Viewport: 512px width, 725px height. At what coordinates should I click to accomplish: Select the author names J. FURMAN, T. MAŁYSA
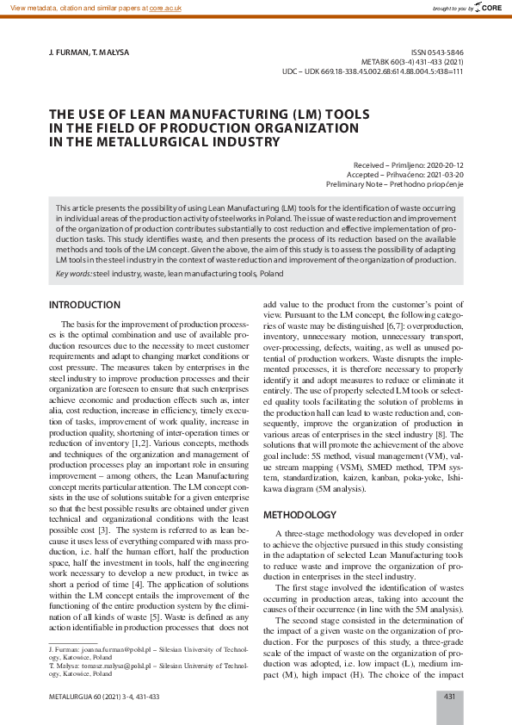tap(89, 53)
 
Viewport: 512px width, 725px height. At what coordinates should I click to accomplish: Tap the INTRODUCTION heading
tap(84, 305)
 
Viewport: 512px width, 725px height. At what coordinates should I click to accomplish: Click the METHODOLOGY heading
tap(299, 515)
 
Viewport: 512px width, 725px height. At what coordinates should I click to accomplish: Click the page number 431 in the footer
tap(450, 696)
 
